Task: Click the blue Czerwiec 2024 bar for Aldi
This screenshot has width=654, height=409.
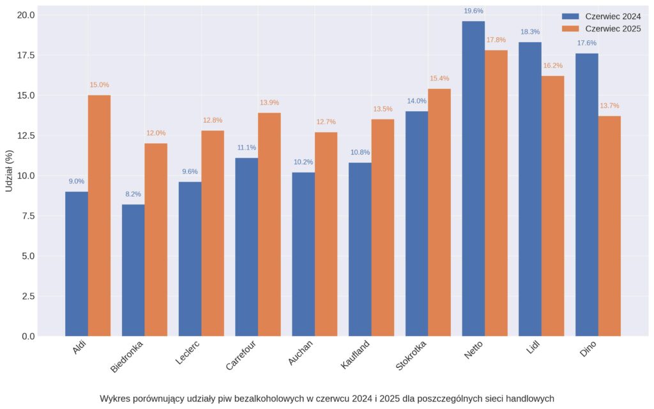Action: click(77, 263)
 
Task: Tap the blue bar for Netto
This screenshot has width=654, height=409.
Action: click(473, 178)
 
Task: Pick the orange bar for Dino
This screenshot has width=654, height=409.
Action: click(609, 226)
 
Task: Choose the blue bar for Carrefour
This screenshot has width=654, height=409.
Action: click(247, 247)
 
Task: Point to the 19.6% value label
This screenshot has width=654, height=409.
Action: click(473, 11)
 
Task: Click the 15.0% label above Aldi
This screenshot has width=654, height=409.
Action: click(99, 85)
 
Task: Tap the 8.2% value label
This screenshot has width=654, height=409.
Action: click(133, 194)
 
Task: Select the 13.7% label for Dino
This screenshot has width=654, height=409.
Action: click(609, 106)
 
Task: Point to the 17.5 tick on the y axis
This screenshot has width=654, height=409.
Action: click(26, 55)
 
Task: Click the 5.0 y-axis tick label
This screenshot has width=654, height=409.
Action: click(28, 256)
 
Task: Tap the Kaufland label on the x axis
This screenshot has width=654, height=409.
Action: click(355, 355)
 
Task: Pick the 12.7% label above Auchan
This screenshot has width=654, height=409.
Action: click(326, 122)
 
